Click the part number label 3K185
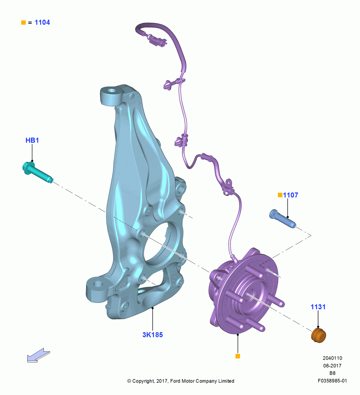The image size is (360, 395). pos(152,335)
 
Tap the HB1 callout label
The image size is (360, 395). pos(32,140)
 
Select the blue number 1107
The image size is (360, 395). pos(291,195)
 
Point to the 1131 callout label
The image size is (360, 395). pos(318,307)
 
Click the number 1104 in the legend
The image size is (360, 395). pos(42,23)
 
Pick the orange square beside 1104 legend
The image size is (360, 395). pos(23,23)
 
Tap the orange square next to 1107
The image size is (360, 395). pos(280,195)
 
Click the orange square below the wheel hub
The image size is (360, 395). pos(238,356)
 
